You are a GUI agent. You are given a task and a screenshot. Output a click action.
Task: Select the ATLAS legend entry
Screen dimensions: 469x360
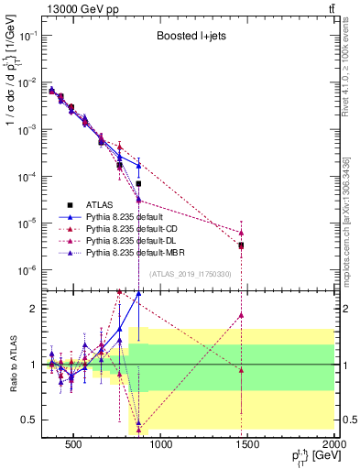pos(100,204)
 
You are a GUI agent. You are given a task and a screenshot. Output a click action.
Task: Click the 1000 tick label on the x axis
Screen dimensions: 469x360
pos(160,446)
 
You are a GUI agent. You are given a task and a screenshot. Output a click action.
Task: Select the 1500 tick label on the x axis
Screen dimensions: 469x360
pos(247,446)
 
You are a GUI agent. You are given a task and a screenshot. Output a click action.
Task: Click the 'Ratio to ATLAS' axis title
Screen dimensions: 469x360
pos(12,364)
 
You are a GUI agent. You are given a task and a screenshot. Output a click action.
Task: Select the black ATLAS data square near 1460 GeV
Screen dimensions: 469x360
pos(241,245)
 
